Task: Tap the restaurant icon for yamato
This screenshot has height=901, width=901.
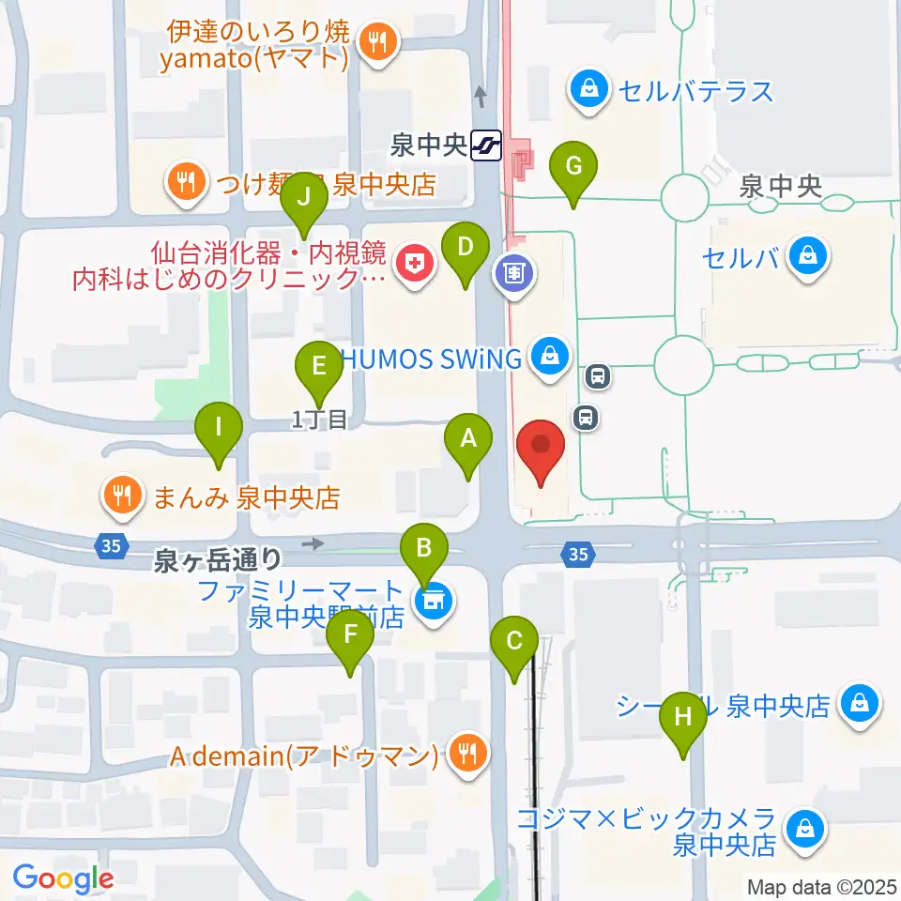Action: tap(378, 40)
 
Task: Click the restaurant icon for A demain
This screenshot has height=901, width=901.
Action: tap(464, 753)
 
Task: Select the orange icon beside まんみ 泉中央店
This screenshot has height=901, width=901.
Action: tap(123, 494)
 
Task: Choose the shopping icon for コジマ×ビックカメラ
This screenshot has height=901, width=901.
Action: tap(805, 829)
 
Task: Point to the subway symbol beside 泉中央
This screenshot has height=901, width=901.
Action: tap(487, 145)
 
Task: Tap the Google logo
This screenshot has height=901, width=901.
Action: tap(63, 878)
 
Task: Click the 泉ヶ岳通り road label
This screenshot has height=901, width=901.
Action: tap(218, 560)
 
